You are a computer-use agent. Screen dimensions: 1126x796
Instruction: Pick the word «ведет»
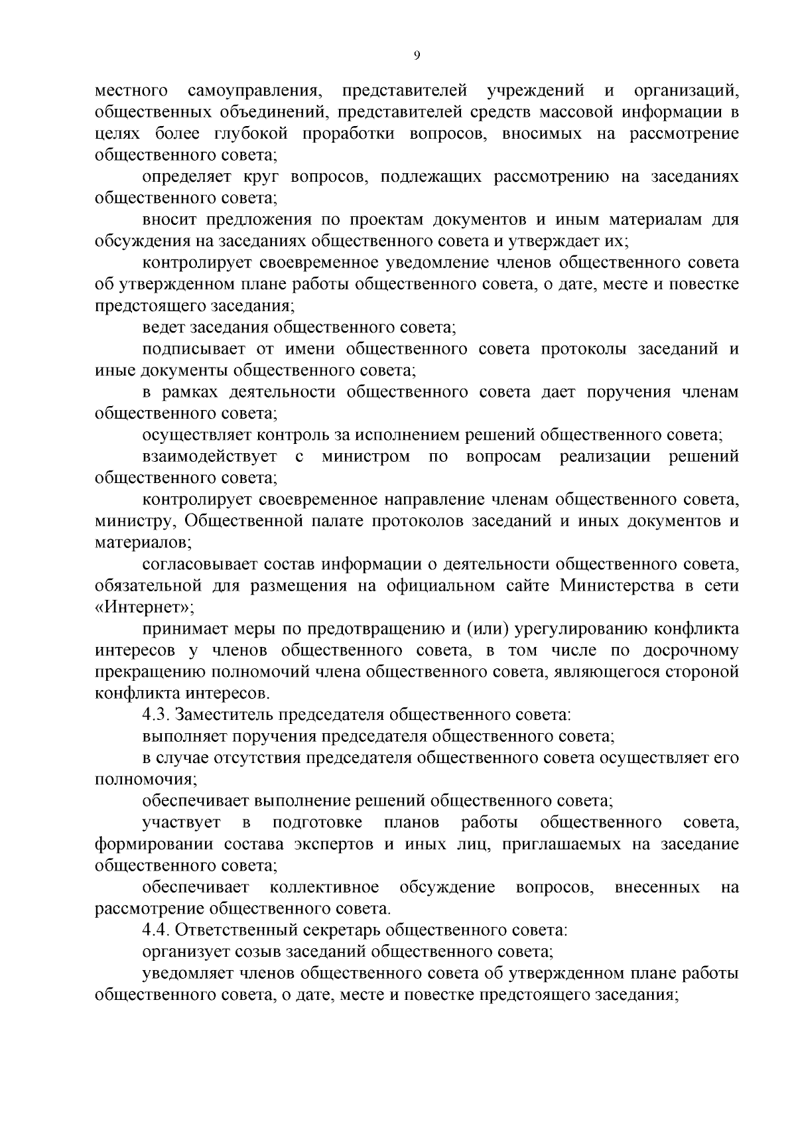pyautogui.click(x=163, y=327)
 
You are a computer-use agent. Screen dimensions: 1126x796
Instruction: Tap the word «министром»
pyautogui.click(x=365, y=457)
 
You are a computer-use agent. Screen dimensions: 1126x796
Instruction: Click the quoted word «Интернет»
pyautogui.click(x=144, y=607)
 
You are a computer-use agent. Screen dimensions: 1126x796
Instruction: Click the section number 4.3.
pyautogui.click(x=155, y=715)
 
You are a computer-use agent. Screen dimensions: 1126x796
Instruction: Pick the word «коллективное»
pyautogui.click(x=324, y=888)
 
